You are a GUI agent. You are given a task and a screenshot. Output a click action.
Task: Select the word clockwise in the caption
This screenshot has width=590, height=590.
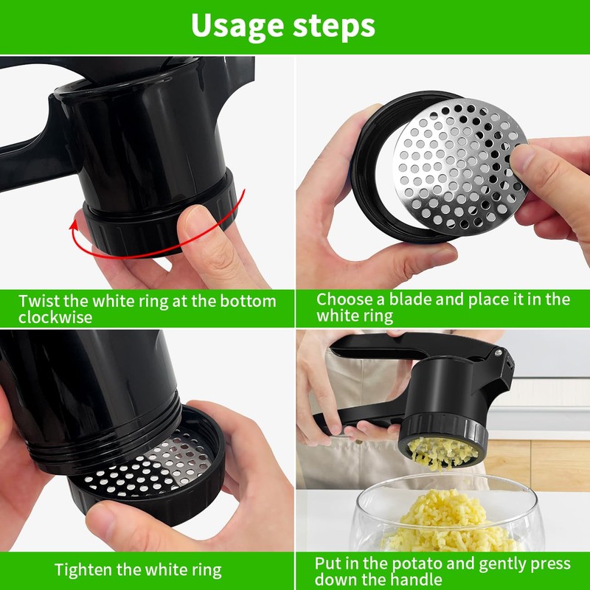tap(56, 317)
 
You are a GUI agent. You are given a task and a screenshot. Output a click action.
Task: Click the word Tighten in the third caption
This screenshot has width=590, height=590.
tap(84, 569)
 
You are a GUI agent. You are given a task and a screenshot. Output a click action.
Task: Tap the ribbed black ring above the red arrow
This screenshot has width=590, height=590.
tap(159, 214)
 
